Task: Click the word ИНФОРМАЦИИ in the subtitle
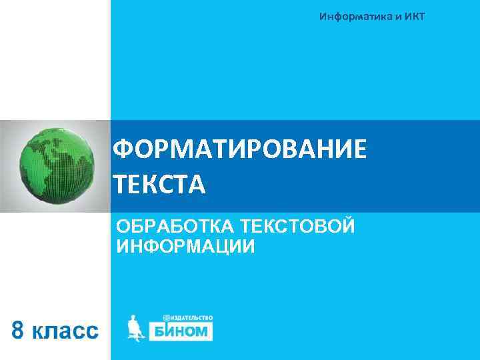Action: click(x=185, y=247)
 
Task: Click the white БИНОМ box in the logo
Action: click(x=180, y=331)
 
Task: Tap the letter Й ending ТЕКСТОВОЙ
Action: click(x=346, y=227)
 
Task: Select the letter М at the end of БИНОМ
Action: click(x=203, y=331)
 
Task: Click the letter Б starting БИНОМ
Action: click(x=157, y=331)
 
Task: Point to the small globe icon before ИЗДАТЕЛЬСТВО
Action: click(x=166, y=318)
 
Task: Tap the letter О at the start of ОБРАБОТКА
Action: click(x=123, y=227)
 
